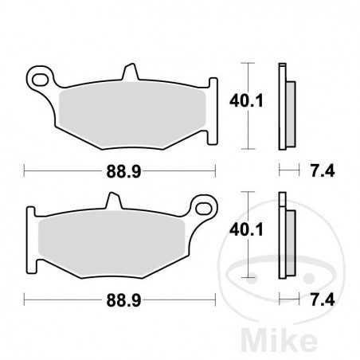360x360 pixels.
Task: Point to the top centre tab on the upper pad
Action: click(130, 72)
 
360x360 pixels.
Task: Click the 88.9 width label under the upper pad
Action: click(119, 170)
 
